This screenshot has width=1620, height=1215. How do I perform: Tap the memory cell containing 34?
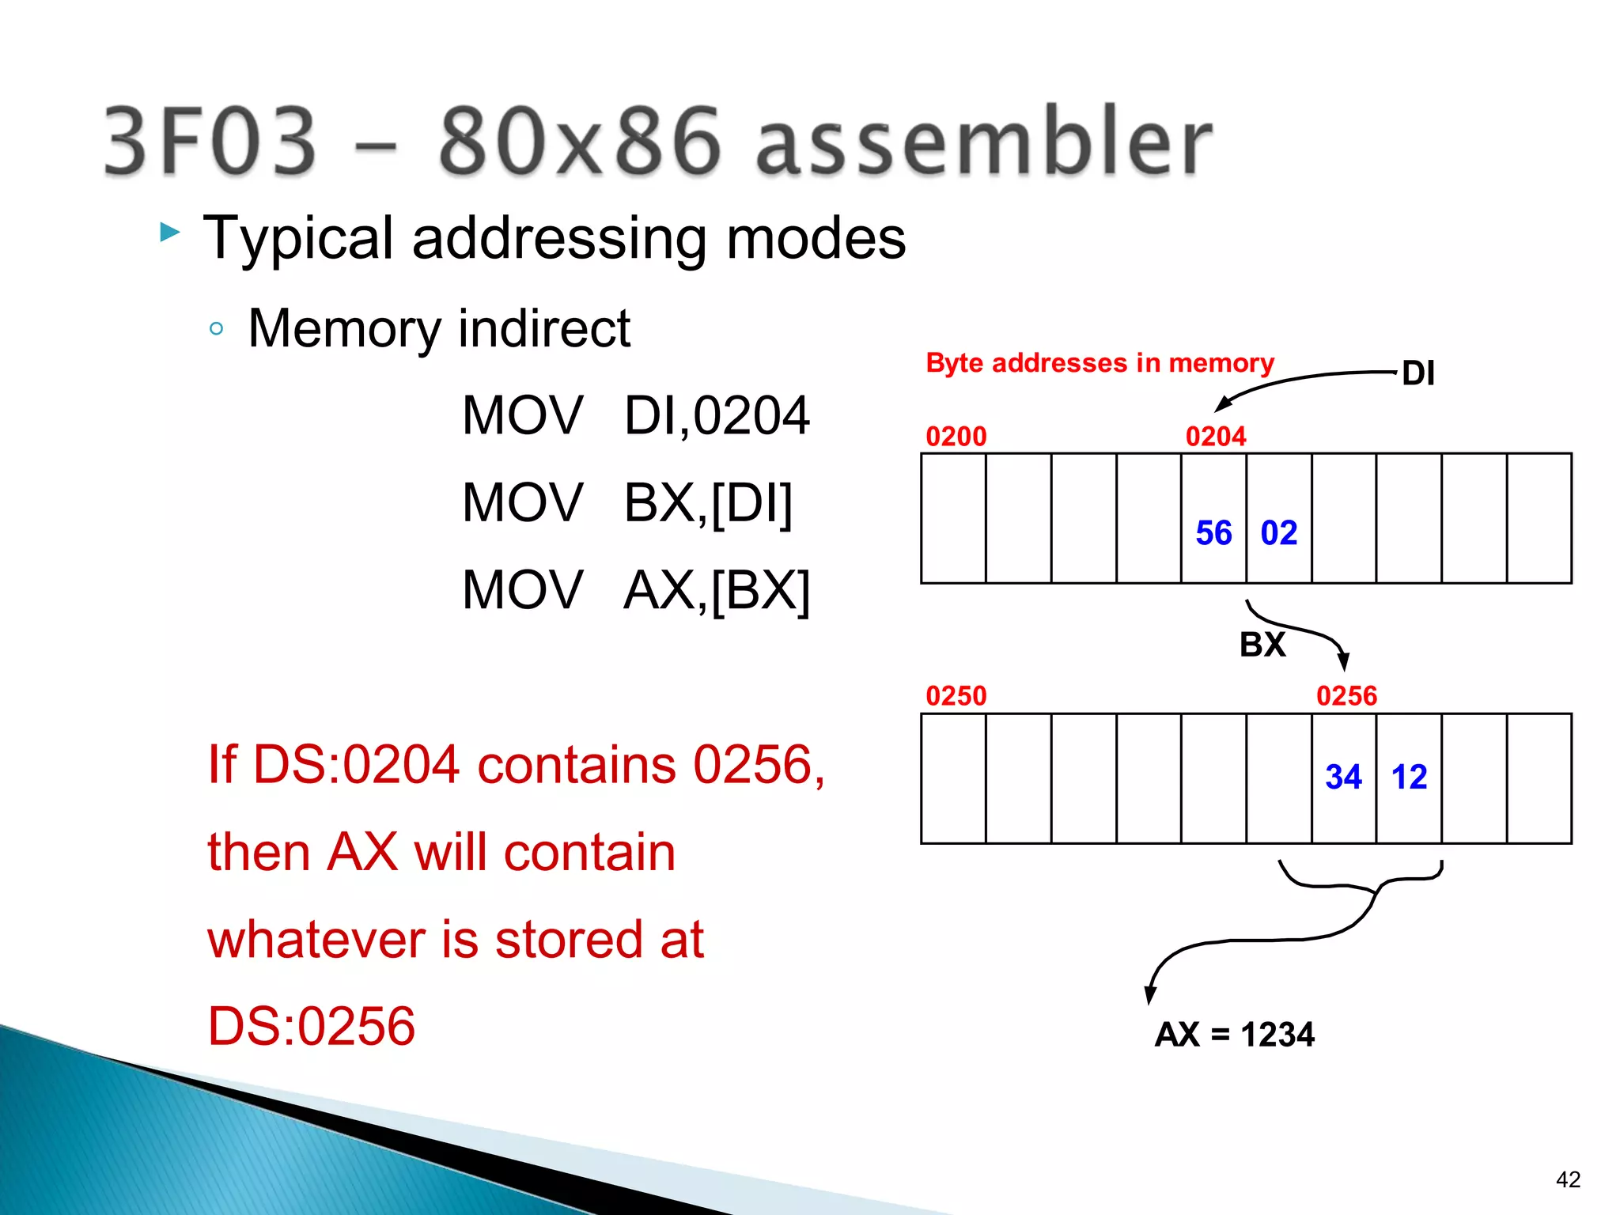[x=1344, y=778]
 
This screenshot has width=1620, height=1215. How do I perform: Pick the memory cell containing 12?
[x=1409, y=778]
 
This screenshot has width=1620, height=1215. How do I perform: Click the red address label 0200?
[x=956, y=437]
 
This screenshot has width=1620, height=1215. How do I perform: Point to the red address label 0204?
[x=1216, y=437]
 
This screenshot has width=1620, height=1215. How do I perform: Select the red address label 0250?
[x=956, y=696]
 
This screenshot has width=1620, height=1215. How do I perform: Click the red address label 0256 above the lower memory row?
[x=1346, y=696]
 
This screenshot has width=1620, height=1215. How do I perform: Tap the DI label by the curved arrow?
[x=1418, y=373]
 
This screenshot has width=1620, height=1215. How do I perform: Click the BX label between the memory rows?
[x=1262, y=645]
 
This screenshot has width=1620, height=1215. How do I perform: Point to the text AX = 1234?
[x=1234, y=1035]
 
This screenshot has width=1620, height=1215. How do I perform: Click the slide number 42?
[x=1568, y=1179]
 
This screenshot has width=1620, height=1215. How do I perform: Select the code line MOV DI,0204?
[x=636, y=416]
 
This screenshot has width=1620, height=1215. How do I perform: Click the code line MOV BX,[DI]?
[x=627, y=503]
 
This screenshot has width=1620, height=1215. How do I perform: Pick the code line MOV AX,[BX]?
[x=636, y=590]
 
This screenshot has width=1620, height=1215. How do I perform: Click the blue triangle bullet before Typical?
[x=170, y=233]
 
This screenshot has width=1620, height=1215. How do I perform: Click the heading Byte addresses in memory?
[x=1100, y=363]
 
